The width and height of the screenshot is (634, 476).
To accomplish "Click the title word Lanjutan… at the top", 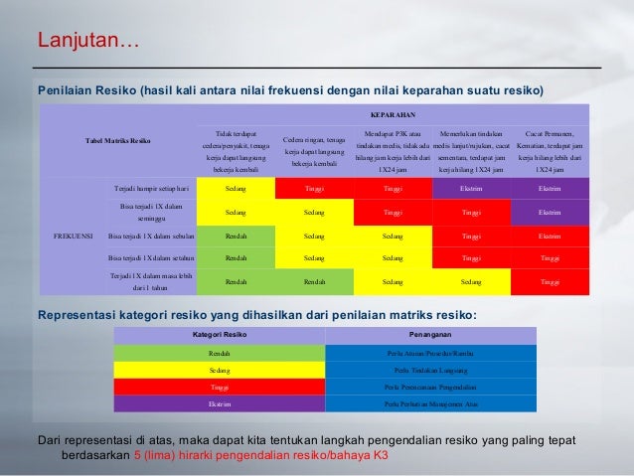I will (88, 42).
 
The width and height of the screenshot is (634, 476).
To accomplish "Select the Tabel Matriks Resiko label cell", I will (118, 141).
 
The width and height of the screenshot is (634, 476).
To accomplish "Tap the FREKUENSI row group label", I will (73, 237).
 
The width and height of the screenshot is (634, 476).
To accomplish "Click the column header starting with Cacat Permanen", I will (550, 151).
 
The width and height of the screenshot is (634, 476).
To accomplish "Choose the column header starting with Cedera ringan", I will (314, 151).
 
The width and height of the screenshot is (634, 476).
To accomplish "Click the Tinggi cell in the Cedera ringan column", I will (314, 186).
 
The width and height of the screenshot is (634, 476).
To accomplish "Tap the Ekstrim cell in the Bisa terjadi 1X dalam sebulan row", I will (550, 237).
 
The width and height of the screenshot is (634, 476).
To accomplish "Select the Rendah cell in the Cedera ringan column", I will (314, 282).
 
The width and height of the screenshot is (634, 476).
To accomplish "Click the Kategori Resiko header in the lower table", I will (221, 335).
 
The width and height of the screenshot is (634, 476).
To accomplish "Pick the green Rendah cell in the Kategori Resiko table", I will (221, 353).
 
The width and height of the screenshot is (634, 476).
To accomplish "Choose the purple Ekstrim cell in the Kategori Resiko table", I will (221, 403).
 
